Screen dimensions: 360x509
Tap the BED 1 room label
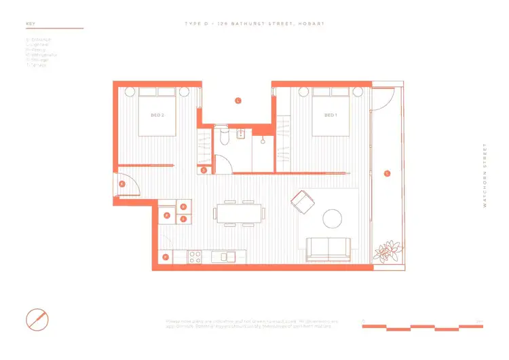(x=331, y=115)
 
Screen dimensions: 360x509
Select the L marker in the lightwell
(x=238, y=101)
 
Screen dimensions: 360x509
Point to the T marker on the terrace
(x=387, y=173)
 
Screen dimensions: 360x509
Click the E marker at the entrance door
(x=122, y=184)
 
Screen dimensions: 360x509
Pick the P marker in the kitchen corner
(x=166, y=257)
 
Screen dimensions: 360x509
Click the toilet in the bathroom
(x=223, y=139)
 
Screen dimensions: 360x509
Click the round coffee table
(x=333, y=218)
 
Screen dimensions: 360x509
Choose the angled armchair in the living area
(x=302, y=202)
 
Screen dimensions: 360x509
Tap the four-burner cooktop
(x=195, y=257)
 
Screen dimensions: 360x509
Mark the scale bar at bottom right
(x=422, y=327)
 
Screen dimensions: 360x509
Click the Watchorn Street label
(x=485, y=175)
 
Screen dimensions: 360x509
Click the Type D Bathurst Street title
(x=254, y=24)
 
